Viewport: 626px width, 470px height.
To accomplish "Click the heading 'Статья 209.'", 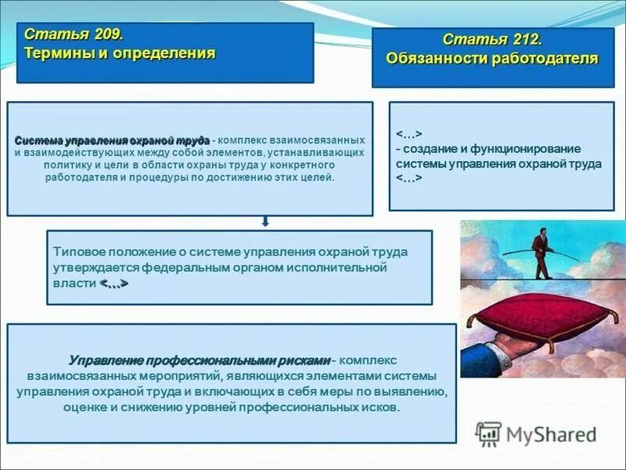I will click(x=74, y=35).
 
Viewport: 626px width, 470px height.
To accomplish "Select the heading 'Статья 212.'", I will click(x=492, y=40).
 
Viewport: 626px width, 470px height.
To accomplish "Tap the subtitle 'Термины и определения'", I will click(x=120, y=54).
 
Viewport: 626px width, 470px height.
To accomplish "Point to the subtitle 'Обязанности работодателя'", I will click(x=492, y=59).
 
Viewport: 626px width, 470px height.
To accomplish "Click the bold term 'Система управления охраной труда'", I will click(x=111, y=139).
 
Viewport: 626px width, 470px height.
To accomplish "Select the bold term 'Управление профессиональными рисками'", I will click(x=200, y=360).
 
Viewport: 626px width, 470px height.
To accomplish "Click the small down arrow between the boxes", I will click(x=265, y=222).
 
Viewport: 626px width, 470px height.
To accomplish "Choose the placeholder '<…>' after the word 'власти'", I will click(x=113, y=283).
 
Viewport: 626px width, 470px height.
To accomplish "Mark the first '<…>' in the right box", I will click(x=409, y=133).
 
